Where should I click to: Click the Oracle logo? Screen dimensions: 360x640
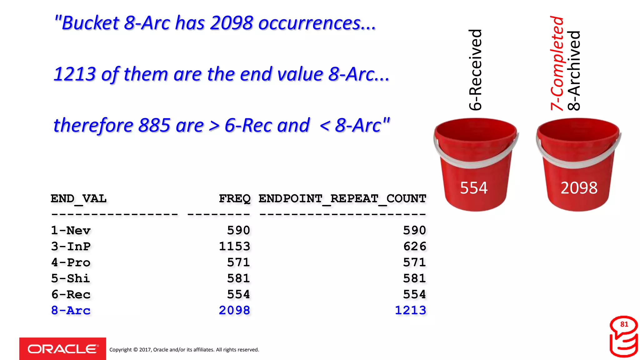pyautogui.click(x=62, y=349)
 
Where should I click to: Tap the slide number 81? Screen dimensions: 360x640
pyautogui.click(x=624, y=324)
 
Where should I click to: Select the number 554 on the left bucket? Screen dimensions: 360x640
pyautogui.click(x=473, y=188)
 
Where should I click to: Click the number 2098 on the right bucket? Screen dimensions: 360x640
pyautogui.click(x=579, y=188)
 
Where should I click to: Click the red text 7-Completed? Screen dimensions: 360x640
pyautogui.click(x=557, y=63)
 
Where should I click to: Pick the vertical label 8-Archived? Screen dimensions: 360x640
pyautogui.click(x=574, y=71)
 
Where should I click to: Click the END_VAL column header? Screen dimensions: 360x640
pyautogui.click(x=79, y=198)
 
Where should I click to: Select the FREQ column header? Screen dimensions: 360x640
pyautogui.click(x=234, y=198)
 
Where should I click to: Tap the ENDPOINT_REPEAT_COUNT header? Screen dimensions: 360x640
pyautogui.click(x=342, y=198)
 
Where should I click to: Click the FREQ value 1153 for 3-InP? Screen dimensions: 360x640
pyautogui.click(x=234, y=247)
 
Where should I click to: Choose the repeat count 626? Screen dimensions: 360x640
pyautogui.click(x=414, y=247)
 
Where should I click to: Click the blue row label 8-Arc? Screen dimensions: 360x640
pyautogui.click(x=71, y=311)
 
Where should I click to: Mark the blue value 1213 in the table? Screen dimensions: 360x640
pyautogui.click(x=410, y=311)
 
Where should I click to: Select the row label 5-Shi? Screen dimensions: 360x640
pyautogui.click(x=71, y=278)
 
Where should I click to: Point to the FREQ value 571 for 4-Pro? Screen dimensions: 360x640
pyautogui.click(x=238, y=262)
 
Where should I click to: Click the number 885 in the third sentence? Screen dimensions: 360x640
pyautogui.click(x=154, y=125)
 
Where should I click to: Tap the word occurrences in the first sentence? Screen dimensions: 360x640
pyautogui.click(x=317, y=23)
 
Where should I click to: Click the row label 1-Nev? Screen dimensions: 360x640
pyautogui.click(x=71, y=231)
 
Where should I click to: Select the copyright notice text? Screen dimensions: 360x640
pyautogui.click(x=184, y=350)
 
